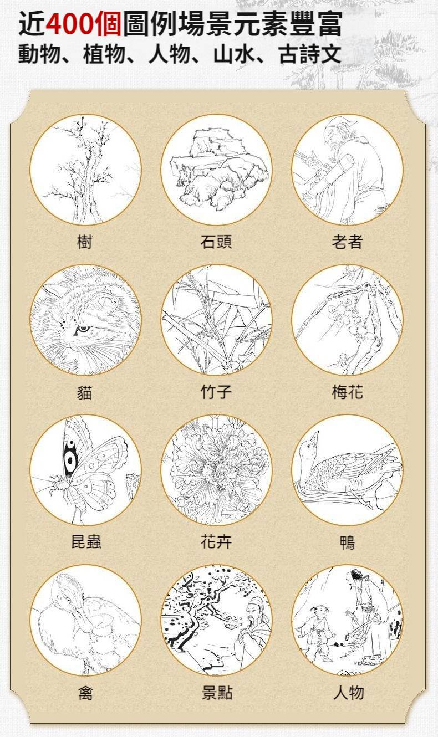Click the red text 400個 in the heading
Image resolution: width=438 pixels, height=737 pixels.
pyautogui.click(x=84, y=23)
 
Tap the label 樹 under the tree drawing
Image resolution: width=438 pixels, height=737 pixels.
pyautogui.click(x=85, y=242)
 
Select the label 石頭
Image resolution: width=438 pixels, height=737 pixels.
pyautogui.click(x=216, y=242)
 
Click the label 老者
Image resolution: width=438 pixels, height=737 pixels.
pyautogui.click(x=348, y=242)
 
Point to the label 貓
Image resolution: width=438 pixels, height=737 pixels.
pyautogui.click(x=85, y=392)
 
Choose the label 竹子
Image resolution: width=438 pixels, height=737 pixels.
pyautogui.click(x=216, y=392)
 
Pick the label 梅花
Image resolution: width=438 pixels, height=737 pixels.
pyautogui.click(x=348, y=392)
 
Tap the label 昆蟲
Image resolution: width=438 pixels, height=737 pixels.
pyautogui.click(x=86, y=542)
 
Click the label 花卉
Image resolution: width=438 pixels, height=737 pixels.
pyautogui.click(x=216, y=542)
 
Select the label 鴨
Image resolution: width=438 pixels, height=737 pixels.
pyautogui.click(x=348, y=542)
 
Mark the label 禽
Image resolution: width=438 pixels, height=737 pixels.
pyautogui.click(x=85, y=693)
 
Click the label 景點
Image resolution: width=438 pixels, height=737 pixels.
pyautogui.click(x=217, y=693)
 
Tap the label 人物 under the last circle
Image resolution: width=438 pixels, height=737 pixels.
pyautogui.click(x=349, y=693)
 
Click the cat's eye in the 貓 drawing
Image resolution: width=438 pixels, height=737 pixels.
pyautogui.click(x=83, y=328)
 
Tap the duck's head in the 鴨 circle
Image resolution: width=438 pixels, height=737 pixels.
pyautogui.click(x=310, y=444)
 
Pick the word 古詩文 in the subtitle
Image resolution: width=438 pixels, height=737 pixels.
pyautogui.click(x=310, y=54)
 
